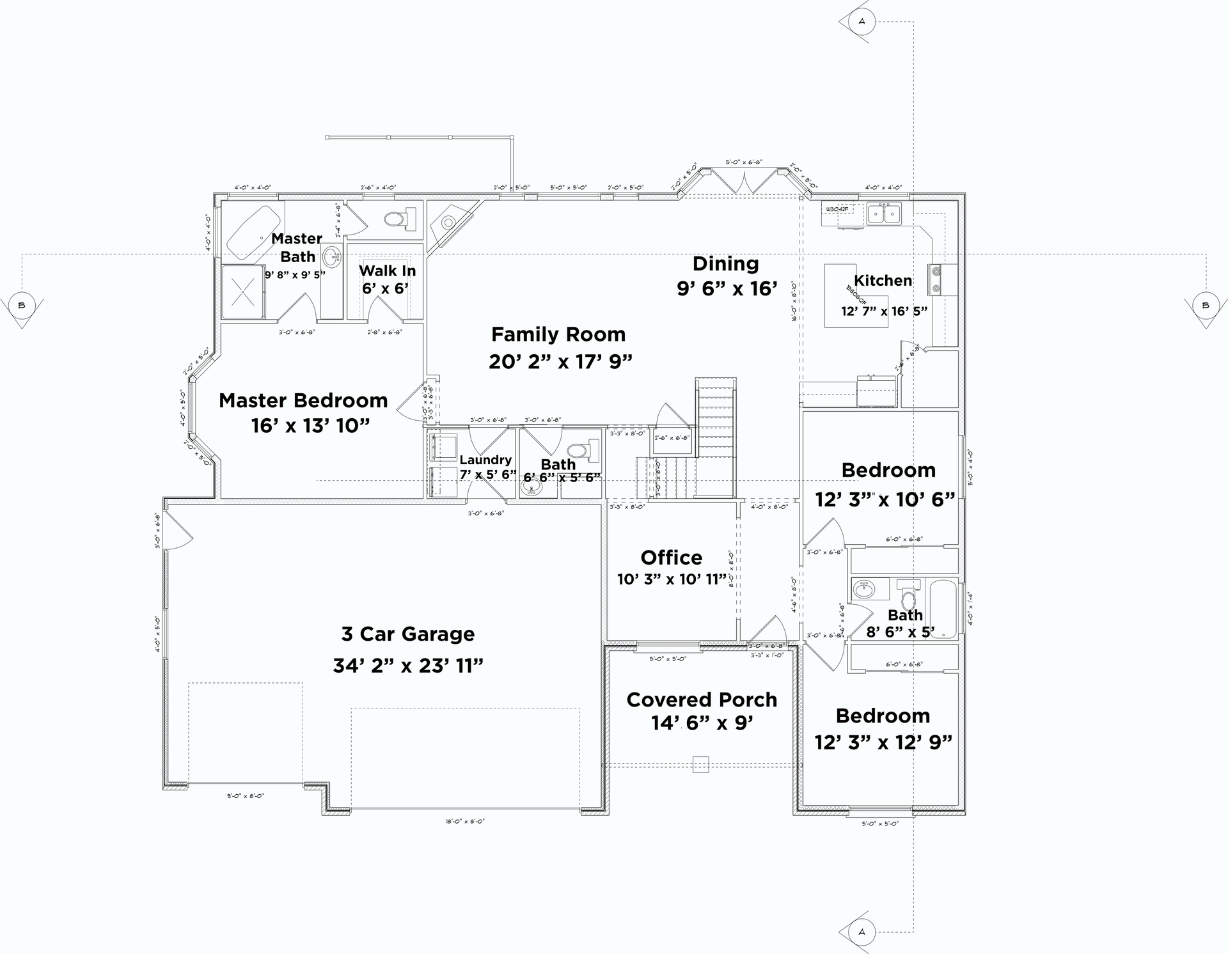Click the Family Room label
tap(558, 334)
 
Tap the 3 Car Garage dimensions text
tap(408, 666)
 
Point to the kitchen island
tap(855, 295)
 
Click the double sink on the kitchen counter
tap(884, 214)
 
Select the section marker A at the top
tap(861, 22)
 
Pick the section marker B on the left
tap(22, 306)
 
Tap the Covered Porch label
tap(702, 700)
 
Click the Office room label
tap(671, 558)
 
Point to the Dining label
tap(725, 263)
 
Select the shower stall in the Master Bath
tap(243, 292)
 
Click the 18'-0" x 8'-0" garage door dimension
tap(465, 821)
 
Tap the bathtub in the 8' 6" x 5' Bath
tap(943, 608)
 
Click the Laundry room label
tap(485, 460)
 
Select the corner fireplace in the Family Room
tap(449, 223)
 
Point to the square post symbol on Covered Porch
tap(700, 765)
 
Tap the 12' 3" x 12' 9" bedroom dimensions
tap(883, 742)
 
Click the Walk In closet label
tap(387, 270)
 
